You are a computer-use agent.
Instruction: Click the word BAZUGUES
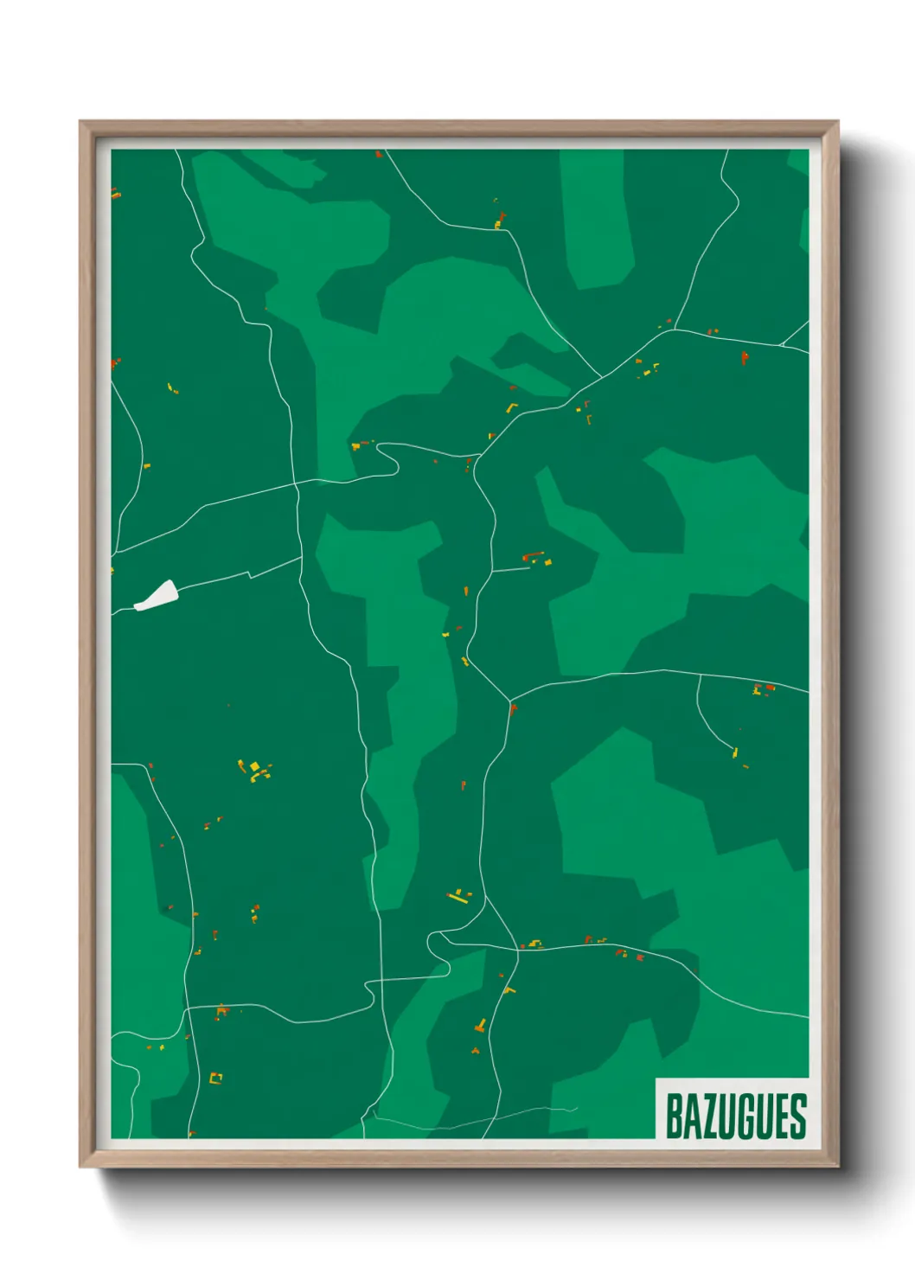tap(735, 1116)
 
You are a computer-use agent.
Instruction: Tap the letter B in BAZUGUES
tap(674, 1116)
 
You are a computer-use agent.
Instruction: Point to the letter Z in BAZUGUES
tap(709, 1116)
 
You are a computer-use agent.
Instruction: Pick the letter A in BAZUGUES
tap(691, 1116)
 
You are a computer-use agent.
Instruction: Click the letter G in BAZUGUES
tap(745, 1116)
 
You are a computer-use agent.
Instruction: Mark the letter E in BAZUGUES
tap(781, 1116)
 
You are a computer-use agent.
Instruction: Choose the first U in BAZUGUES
tap(726, 1116)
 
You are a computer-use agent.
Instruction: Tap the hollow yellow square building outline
tap(215, 1078)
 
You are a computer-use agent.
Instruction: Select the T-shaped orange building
tap(481, 1027)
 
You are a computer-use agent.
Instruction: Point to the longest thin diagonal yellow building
tap(457, 898)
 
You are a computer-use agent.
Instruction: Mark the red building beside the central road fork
tap(513, 709)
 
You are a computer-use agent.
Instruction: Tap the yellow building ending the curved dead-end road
tap(736, 752)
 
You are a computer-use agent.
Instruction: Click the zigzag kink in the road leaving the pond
tap(250, 573)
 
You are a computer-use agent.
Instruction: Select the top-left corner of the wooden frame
tap(81, 123)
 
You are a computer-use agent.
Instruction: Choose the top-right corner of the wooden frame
tap(837, 123)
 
